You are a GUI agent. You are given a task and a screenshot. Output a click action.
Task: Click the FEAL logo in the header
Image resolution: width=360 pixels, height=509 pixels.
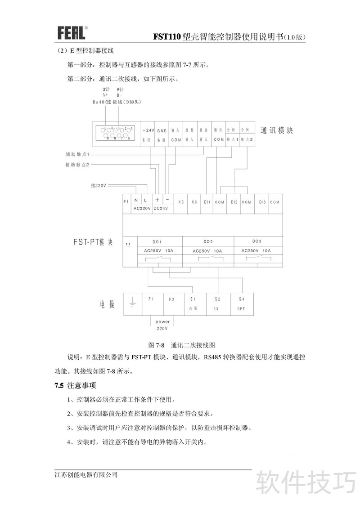click(x=71, y=32)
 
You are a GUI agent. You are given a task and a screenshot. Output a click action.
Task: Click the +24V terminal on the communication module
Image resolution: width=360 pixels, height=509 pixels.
click(x=148, y=130)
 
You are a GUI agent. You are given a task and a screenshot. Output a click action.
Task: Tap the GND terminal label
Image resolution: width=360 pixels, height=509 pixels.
click(x=162, y=130)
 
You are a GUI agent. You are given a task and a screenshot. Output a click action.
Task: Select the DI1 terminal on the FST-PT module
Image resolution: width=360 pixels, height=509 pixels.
click(x=207, y=202)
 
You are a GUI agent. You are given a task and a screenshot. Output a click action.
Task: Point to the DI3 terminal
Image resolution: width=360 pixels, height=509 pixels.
click(x=262, y=202)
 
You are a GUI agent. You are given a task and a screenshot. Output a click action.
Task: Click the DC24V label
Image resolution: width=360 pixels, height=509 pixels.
click(x=161, y=209)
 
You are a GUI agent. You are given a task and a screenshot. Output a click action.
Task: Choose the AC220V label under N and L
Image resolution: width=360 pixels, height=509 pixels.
click(x=142, y=209)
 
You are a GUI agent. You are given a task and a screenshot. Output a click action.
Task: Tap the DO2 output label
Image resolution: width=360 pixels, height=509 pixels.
click(x=208, y=241)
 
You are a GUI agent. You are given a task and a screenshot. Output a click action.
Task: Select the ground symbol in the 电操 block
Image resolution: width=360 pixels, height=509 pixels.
click(x=132, y=304)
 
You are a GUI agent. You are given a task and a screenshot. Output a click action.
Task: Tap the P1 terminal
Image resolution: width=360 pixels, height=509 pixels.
click(x=151, y=299)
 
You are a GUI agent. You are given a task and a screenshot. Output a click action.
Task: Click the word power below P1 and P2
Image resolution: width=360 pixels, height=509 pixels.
click(x=162, y=322)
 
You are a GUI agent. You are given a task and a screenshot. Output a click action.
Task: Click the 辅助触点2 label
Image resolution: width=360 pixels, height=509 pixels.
click(x=77, y=165)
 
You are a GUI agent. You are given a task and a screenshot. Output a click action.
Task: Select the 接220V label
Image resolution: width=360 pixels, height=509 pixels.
click(x=98, y=185)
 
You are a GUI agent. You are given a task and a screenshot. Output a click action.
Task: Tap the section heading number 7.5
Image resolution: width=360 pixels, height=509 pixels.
click(x=59, y=386)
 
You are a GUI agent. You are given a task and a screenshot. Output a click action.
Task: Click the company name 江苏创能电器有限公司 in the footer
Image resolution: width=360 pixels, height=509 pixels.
click(x=86, y=475)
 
